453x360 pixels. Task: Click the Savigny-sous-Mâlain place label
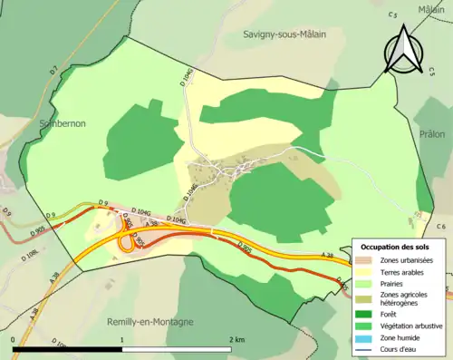point(284,34)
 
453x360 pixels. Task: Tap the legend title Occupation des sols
point(397,247)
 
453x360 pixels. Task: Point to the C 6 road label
point(441,226)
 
